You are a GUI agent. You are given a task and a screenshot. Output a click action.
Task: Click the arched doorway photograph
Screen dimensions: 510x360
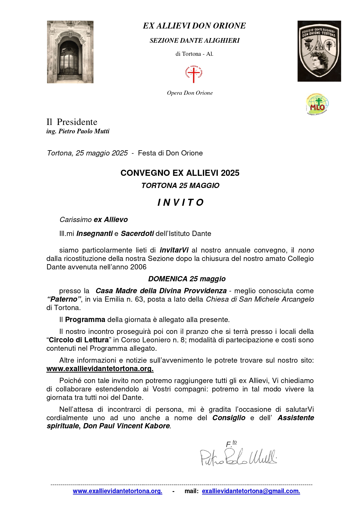pos(70,52)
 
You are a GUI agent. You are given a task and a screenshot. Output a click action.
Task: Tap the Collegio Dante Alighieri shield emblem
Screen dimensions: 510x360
pos(319,51)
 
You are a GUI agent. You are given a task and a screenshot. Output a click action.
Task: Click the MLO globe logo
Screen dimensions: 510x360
pos(317,104)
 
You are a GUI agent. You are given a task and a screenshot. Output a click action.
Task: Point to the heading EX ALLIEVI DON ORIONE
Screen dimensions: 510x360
pos(194,26)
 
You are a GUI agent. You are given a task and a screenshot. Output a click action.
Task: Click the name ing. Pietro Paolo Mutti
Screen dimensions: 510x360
pos(78,131)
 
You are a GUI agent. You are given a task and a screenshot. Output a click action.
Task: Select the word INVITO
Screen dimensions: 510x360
pos(180,203)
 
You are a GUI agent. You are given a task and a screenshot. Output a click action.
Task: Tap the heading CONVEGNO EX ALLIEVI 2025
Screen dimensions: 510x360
pos(180,173)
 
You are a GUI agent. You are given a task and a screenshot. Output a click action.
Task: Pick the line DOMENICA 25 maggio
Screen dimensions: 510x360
pos(187,279)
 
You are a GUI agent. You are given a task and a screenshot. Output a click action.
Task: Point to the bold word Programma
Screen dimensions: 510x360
pos(85,320)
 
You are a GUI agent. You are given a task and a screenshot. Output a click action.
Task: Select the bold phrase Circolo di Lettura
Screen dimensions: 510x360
pos(78,340)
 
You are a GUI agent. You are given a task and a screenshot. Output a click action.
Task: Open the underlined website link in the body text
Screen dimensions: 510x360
pos(100,369)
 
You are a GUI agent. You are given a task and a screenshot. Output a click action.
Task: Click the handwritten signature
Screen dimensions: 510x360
pos(238,457)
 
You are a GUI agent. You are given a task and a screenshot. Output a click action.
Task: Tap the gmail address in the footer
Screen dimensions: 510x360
pos(251,491)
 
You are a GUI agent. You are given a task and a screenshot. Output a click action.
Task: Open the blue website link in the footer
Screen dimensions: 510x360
pos(117,491)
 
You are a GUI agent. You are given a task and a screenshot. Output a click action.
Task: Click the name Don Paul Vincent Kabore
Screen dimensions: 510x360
pos(126,426)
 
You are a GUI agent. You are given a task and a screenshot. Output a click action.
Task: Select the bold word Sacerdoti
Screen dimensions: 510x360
pos(137,234)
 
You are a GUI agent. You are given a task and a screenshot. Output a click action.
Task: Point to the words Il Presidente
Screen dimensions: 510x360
pos(72,122)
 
